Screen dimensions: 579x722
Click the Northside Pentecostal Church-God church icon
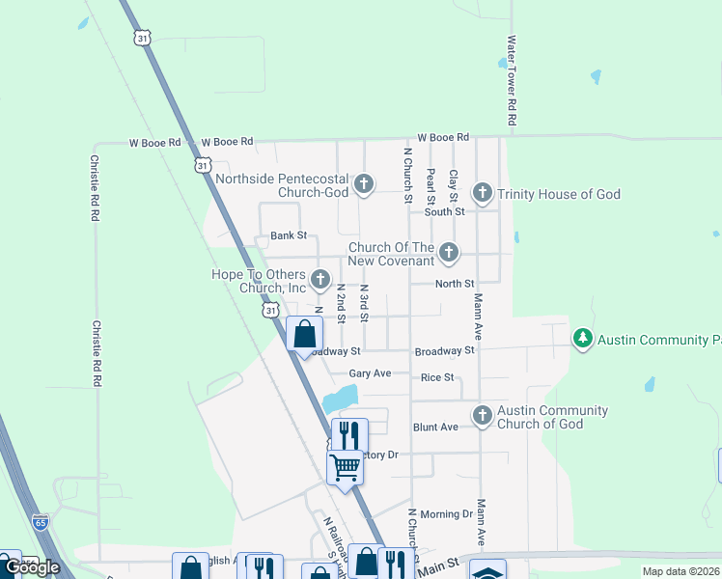tap(364, 183)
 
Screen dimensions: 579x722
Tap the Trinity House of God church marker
tap(482, 194)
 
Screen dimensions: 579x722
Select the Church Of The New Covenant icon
tap(448, 253)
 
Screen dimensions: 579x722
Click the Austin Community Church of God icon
tap(483, 416)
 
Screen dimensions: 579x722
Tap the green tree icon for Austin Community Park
tap(582, 339)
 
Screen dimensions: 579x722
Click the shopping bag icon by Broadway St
tap(305, 335)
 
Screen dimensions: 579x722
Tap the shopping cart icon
tap(345, 467)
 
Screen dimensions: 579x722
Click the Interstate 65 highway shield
tap(40, 521)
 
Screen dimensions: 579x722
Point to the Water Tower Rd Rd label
tap(512, 82)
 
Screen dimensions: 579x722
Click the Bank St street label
tap(288, 235)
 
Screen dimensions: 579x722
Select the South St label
tap(444, 211)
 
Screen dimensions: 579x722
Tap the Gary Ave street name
tap(370, 373)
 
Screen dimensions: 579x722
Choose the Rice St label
tap(437, 376)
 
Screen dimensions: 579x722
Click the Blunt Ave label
tap(435, 427)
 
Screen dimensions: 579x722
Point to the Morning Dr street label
tap(447, 514)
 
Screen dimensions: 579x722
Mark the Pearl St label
tap(430, 185)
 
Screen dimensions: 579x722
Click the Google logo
tap(32, 567)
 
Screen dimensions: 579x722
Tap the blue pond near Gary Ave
tap(340, 397)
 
